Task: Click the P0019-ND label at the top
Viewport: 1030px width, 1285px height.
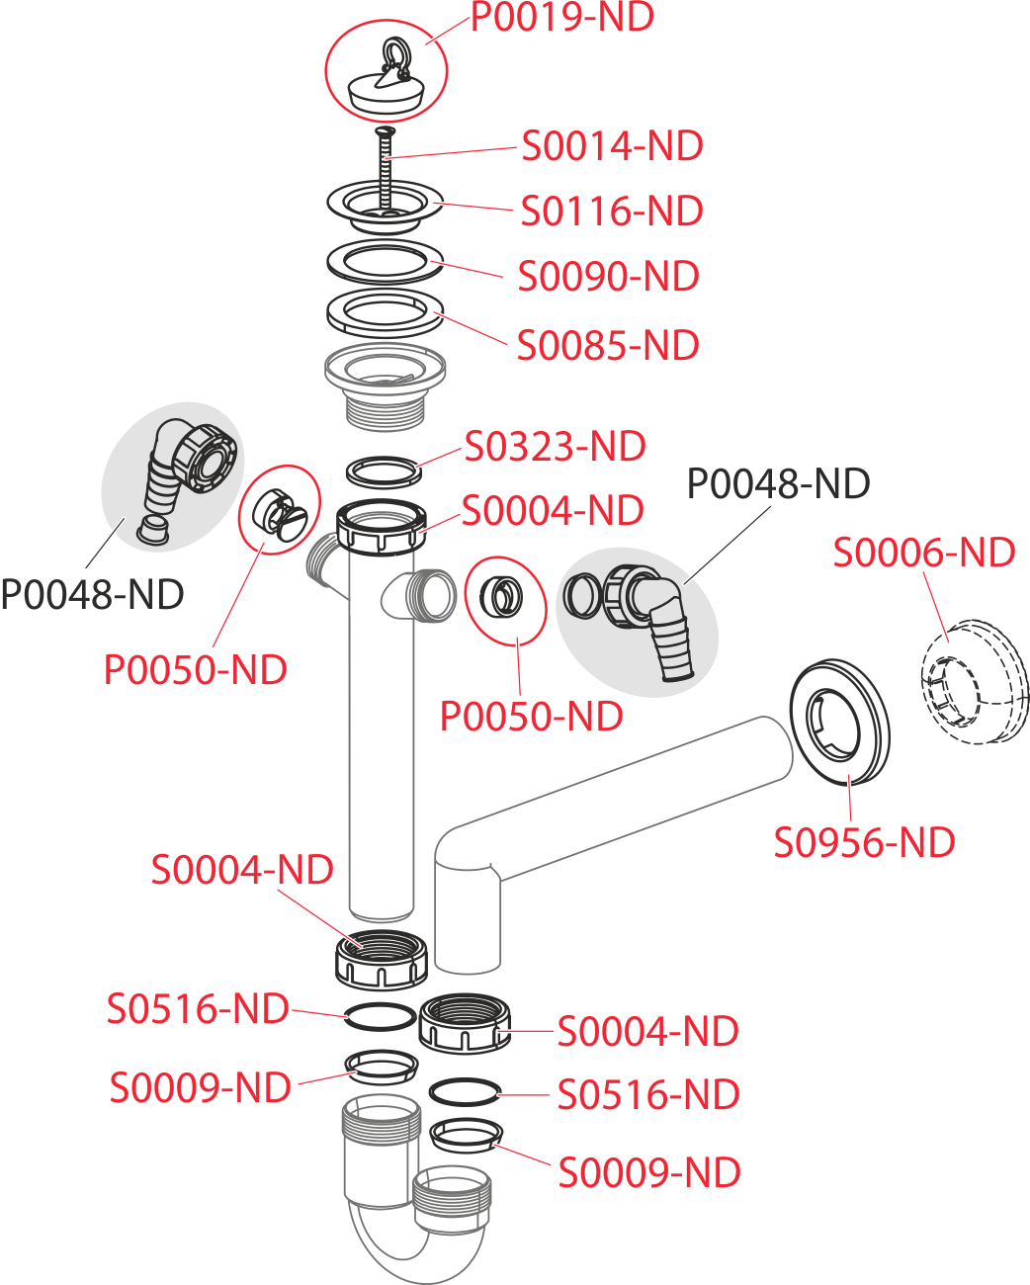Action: (561, 18)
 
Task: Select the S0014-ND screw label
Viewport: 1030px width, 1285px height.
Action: (612, 146)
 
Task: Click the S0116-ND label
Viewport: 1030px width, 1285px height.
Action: (612, 212)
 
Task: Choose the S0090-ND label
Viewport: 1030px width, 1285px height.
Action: (609, 277)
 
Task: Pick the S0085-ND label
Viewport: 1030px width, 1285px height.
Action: (608, 346)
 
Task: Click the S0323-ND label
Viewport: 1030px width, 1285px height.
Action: (556, 447)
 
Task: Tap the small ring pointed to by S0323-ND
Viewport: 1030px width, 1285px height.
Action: (385, 471)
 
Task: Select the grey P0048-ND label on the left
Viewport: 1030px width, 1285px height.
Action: (92, 595)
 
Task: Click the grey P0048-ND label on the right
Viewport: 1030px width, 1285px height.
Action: (778, 484)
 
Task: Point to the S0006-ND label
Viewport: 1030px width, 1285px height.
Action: (923, 554)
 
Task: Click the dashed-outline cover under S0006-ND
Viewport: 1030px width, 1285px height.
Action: (974, 682)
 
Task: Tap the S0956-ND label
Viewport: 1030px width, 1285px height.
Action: (864, 843)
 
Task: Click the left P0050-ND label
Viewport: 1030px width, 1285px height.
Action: (196, 670)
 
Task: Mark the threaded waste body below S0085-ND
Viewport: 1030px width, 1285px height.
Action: (385, 385)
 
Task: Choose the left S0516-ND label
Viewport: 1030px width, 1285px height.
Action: (198, 1009)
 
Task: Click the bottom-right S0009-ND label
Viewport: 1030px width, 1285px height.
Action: (649, 1173)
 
